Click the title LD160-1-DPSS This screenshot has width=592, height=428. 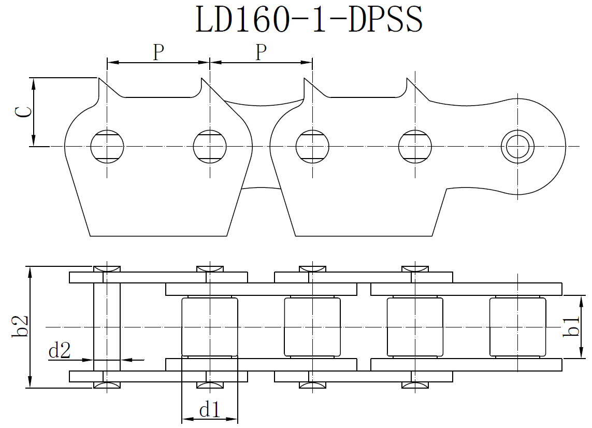pyautogui.click(x=309, y=19)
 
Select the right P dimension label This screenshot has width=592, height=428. pyautogui.click(x=262, y=52)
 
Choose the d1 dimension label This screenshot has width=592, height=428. pyautogui.click(x=210, y=410)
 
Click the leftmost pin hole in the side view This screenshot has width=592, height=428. pyautogui.click(x=107, y=146)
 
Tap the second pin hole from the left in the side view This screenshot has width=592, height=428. pyautogui.click(x=210, y=146)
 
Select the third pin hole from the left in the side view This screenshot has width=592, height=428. pyautogui.click(x=312, y=146)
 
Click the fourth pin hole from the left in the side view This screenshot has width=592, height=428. pyautogui.click(x=415, y=146)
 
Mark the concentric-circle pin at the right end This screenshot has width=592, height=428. pyautogui.click(x=518, y=146)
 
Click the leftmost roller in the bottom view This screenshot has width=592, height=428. pyautogui.click(x=210, y=327)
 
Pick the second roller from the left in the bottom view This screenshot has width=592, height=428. pyautogui.click(x=312, y=327)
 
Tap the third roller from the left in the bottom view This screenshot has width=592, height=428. pyautogui.click(x=415, y=327)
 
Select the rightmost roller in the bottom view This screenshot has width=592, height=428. pyautogui.click(x=517, y=327)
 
